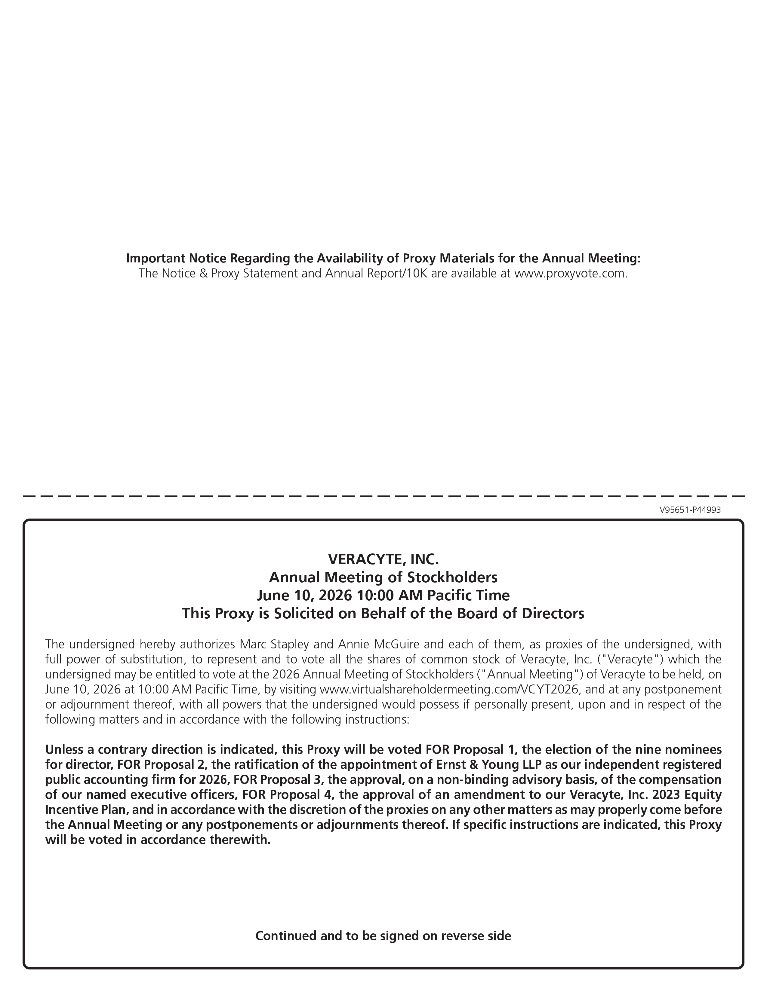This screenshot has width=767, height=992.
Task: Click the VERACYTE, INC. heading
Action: point(383,558)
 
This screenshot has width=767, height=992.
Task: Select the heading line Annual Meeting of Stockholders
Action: point(383,577)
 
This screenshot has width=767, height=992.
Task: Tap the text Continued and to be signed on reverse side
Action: point(383,936)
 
